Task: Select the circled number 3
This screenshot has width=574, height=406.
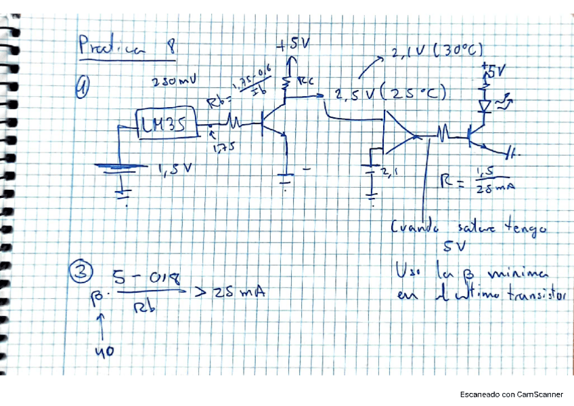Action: [x=81, y=272]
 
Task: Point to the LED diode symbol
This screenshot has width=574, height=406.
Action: [x=485, y=105]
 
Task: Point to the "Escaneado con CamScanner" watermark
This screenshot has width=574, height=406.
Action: [x=511, y=394]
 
